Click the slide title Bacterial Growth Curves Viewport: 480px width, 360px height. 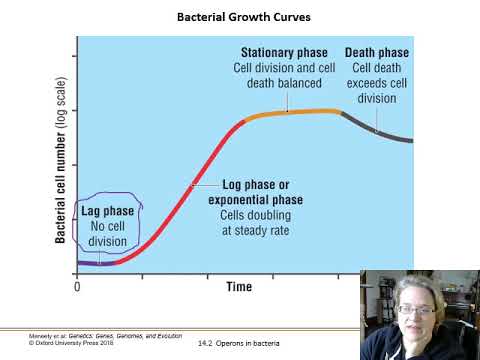pyautogui.click(x=239, y=17)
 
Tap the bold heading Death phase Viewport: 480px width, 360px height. pyautogui.click(x=377, y=52)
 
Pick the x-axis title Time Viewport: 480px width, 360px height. pyautogui.click(x=239, y=287)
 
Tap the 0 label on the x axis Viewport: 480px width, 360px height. pyautogui.click(x=77, y=287)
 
